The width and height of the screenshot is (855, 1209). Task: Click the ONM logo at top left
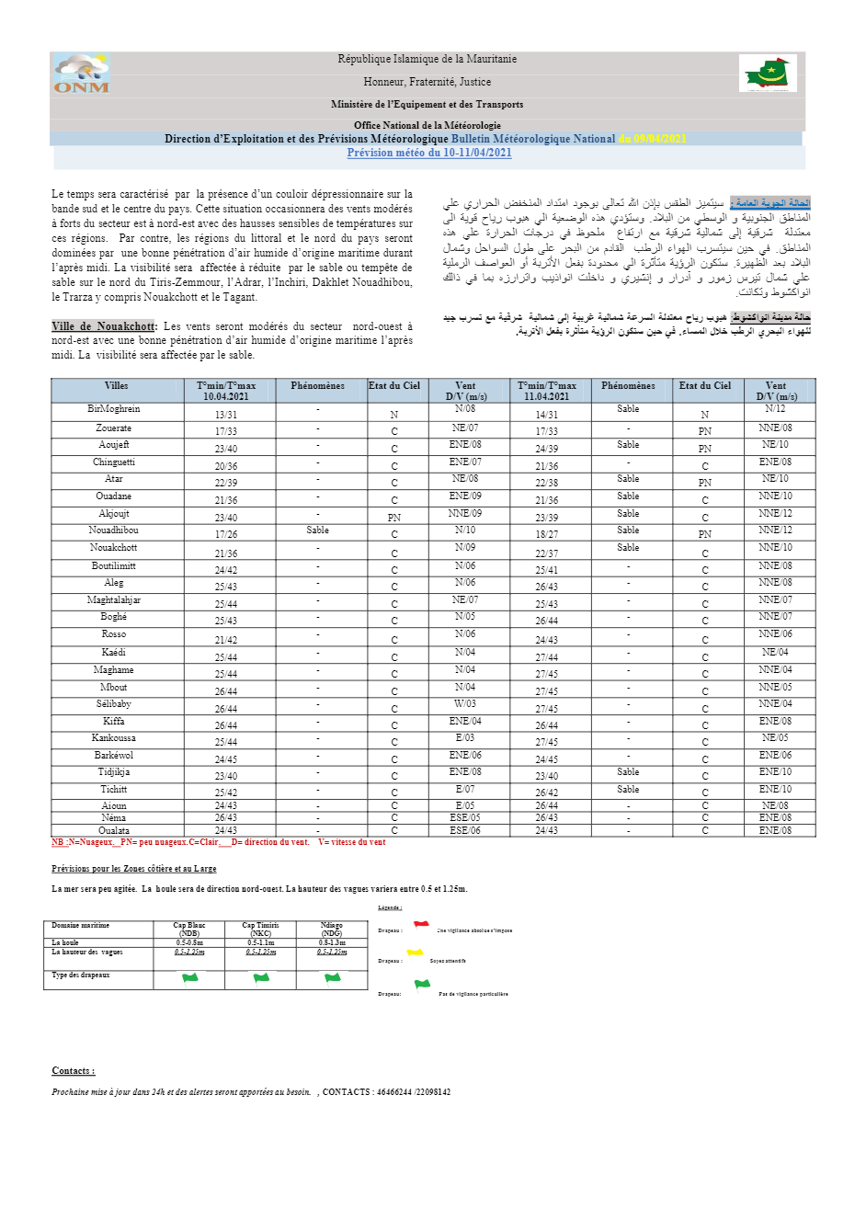coord(81,74)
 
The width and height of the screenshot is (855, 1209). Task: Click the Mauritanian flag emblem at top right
coord(768,74)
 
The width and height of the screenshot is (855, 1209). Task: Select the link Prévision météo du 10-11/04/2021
coord(429,154)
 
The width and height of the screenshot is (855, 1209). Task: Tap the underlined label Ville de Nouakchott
coord(103,326)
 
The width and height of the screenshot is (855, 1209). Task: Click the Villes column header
coord(117,386)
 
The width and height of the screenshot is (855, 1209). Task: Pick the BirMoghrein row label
coord(114,409)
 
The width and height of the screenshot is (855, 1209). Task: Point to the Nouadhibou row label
coord(114,530)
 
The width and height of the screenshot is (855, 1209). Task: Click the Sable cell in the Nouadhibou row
coord(317,530)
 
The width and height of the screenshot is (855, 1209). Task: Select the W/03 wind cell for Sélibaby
coord(465,704)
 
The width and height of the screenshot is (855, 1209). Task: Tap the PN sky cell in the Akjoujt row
coord(394,518)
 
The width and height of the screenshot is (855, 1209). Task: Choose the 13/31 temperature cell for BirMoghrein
coord(226,415)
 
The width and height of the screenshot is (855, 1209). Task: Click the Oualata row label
coord(114,831)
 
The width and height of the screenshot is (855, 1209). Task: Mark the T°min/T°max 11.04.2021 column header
coord(547,391)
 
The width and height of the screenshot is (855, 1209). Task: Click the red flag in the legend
coord(421,925)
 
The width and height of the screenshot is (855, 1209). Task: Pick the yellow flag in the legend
coord(416,953)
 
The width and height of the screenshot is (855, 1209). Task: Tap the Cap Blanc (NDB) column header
coord(189,930)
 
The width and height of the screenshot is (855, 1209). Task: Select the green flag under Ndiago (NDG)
coord(332,978)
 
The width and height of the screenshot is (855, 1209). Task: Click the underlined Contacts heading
coord(74,1071)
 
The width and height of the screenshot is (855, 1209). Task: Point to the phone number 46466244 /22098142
coord(414,1092)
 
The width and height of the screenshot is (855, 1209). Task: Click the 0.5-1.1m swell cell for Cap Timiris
coord(260,942)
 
